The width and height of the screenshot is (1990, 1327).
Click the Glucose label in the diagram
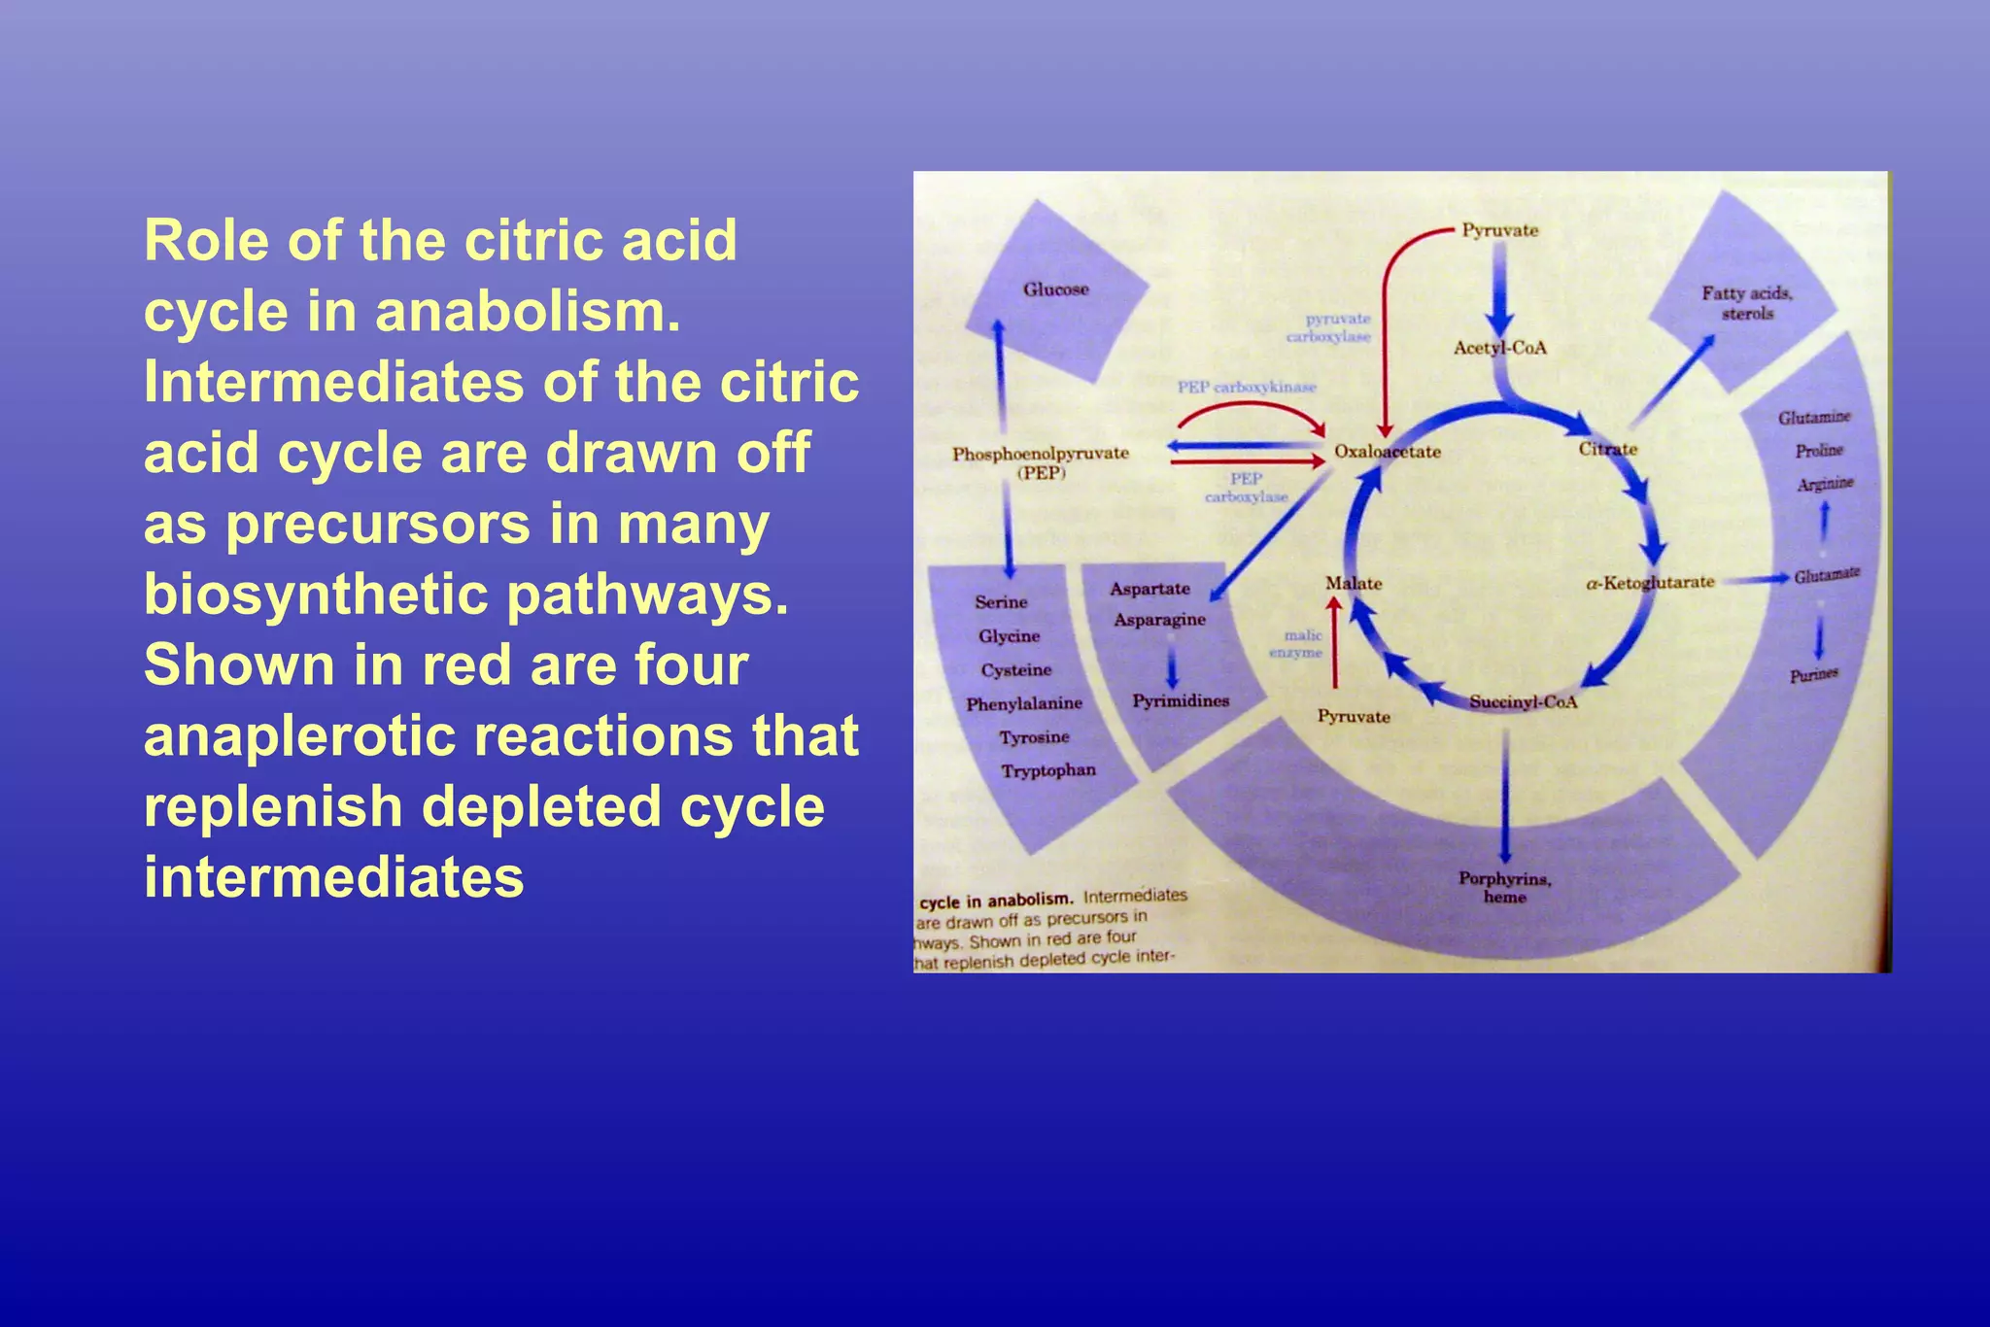click(x=1055, y=289)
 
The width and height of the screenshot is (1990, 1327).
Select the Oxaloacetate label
click(x=1387, y=452)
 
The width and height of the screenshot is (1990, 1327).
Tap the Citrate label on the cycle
click(x=1607, y=449)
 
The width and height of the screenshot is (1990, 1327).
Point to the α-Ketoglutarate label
click(x=1650, y=583)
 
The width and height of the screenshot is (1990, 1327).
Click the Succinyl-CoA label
click(x=1523, y=701)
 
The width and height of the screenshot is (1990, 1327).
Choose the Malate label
click(x=1353, y=583)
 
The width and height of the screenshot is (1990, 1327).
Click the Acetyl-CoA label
click(x=1499, y=348)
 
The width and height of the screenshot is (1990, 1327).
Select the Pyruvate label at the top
click(x=1500, y=230)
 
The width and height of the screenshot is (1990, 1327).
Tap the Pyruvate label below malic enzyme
click(x=1354, y=717)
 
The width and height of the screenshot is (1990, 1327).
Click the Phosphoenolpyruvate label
click(x=1040, y=454)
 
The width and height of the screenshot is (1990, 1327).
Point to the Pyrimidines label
click(x=1181, y=700)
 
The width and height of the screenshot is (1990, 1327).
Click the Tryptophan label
click(x=1048, y=770)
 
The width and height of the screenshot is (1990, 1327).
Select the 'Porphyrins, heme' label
click(x=1504, y=887)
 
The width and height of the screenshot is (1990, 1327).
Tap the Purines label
click(x=1814, y=674)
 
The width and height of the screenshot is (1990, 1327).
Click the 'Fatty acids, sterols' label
click(x=1747, y=302)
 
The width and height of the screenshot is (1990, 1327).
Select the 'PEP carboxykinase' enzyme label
click(x=1247, y=387)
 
